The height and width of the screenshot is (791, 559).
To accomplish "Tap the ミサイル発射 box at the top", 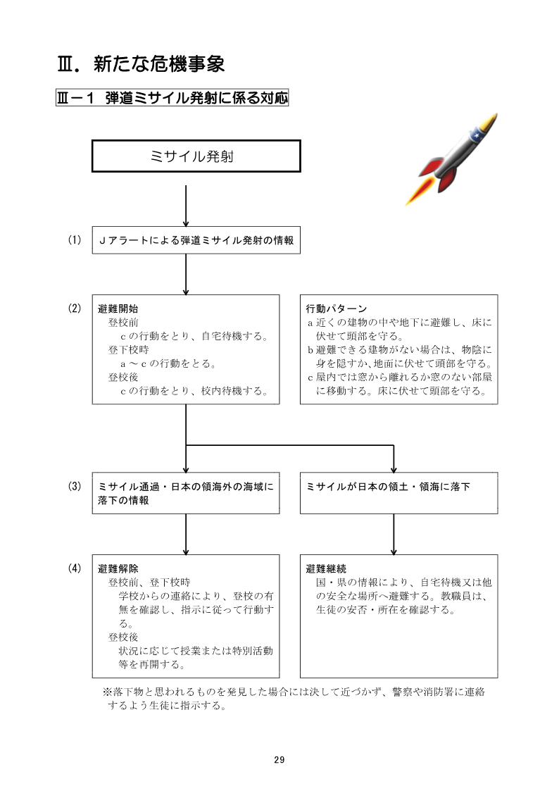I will pyautogui.click(x=196, y=156).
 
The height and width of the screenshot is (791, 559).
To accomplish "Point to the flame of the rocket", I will pyautogui.click(x=419, y=189).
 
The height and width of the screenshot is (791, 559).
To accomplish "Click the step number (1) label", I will pyautogui.click(x=75, y=240).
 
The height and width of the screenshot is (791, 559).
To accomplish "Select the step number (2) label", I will pyautogui.click(x=75, y=309).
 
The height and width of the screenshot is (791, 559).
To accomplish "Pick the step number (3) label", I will pyautogui.click(x=75, y=486).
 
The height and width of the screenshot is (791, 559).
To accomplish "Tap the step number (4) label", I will pyautogui.click(x=75, y=568).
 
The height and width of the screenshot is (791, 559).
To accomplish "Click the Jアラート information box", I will pyautogui.click(x=196, y=241).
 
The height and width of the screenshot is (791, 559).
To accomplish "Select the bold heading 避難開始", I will pyautogui.click(x=118, y=309).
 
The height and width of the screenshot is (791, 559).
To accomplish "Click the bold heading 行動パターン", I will pyautogui.click(x=337, y=309).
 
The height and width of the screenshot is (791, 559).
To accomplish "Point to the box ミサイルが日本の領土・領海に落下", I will pyautogui.click(x=398, y=487).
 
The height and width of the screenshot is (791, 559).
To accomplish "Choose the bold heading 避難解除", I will pyautogui.click(x=118, y=569).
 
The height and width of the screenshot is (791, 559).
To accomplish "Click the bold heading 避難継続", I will pyautogui.click(x=326, y=569).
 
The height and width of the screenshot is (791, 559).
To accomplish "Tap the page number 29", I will pyautogui.click(x=279, y=759).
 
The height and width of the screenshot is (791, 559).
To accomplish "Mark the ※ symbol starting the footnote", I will pyautogui.click(x=108, y=692).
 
